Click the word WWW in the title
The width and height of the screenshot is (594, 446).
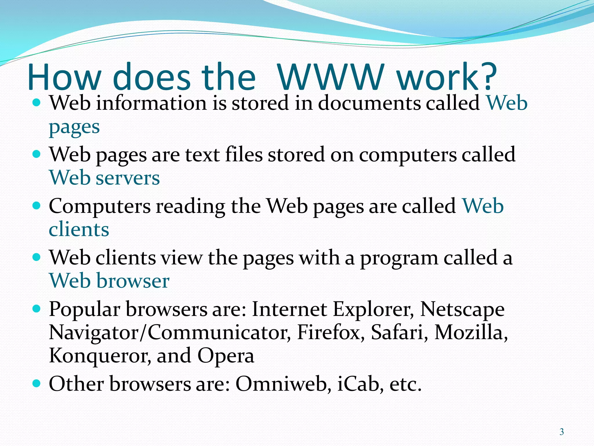click(x=331, y=77)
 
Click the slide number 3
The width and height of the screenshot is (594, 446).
click(x=562, y=432)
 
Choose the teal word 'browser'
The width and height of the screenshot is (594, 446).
click(x=133, y=281)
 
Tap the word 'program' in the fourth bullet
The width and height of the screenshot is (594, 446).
click(x=399, y=258)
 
